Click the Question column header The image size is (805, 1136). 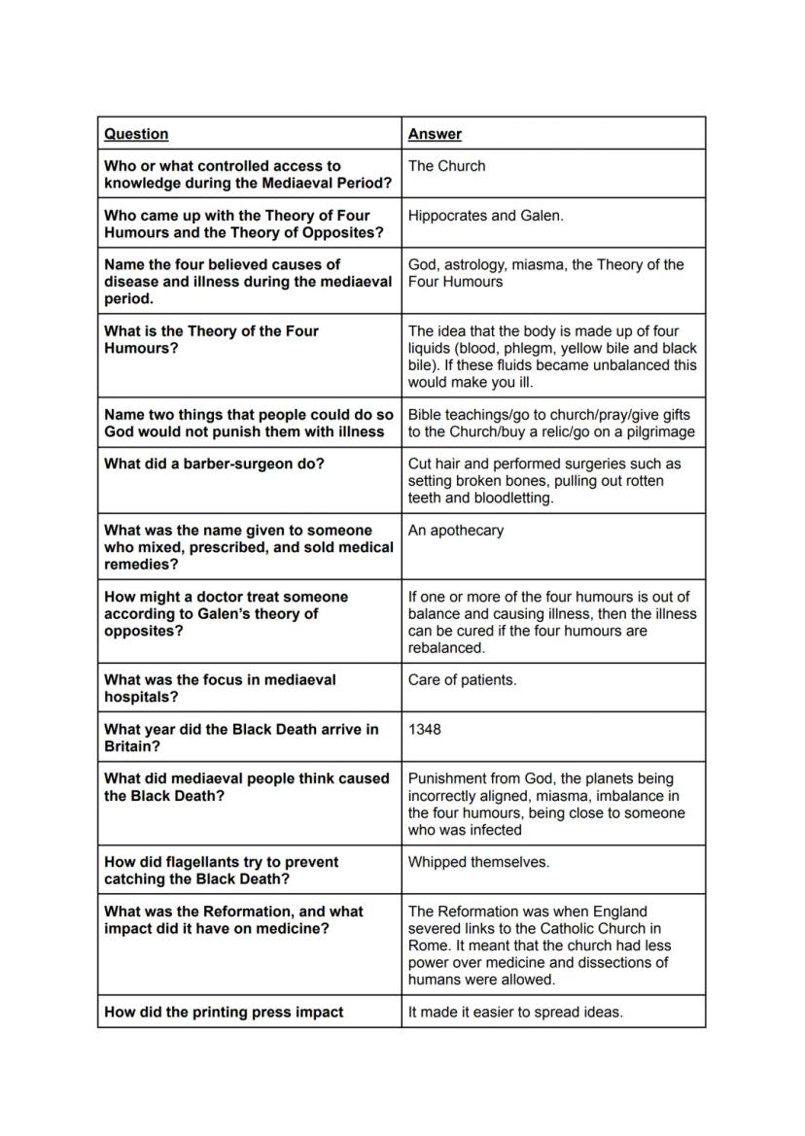tap(136, 134)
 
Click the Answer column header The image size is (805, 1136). tap(435, 134)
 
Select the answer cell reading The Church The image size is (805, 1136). tap(446, 166)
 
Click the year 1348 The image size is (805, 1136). tap(424, 729)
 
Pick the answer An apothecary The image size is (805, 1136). tap(455, 531)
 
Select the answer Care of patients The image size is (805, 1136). tap(462, 680)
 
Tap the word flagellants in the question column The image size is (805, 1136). tap(183, 862)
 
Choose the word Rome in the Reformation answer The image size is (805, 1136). tap(428, 946)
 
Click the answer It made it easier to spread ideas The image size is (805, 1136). tap(514, 1012)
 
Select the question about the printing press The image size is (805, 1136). tap(224, 1012)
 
